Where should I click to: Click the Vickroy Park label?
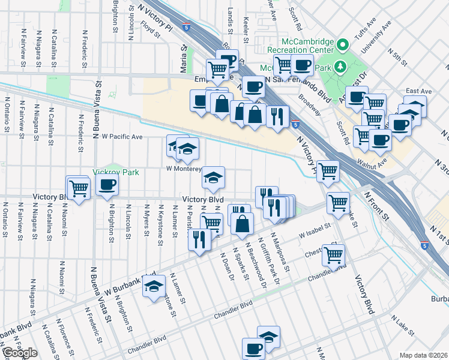tap(116, 172)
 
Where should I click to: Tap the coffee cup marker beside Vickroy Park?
tap(107, 185)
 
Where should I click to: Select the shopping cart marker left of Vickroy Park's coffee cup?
tap(79, 188)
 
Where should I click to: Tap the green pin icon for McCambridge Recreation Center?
tap(343, 44)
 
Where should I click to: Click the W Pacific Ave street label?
tap(122, 137)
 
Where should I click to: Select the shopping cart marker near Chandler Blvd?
tap(333, 255)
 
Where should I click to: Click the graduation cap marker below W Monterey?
tap(213, 178)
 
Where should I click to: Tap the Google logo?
tap(20, 353)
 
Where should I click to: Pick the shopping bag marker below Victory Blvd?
tap(242, 225)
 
